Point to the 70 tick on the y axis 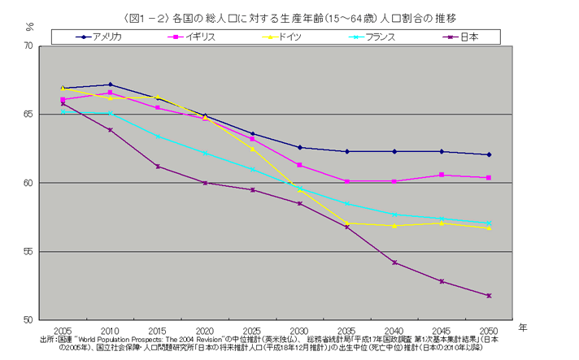click(30, 46)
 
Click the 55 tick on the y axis click(30, 251)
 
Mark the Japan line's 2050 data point click(489, 296)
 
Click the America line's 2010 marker click(110, 85)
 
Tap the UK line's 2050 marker click(489, 177)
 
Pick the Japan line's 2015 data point click(157, 167)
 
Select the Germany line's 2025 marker click(252, 149)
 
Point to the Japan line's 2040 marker click(394, 262)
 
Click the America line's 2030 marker click(299, 147)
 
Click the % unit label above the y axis click(29, 26)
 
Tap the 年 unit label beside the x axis click(524, 327)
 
